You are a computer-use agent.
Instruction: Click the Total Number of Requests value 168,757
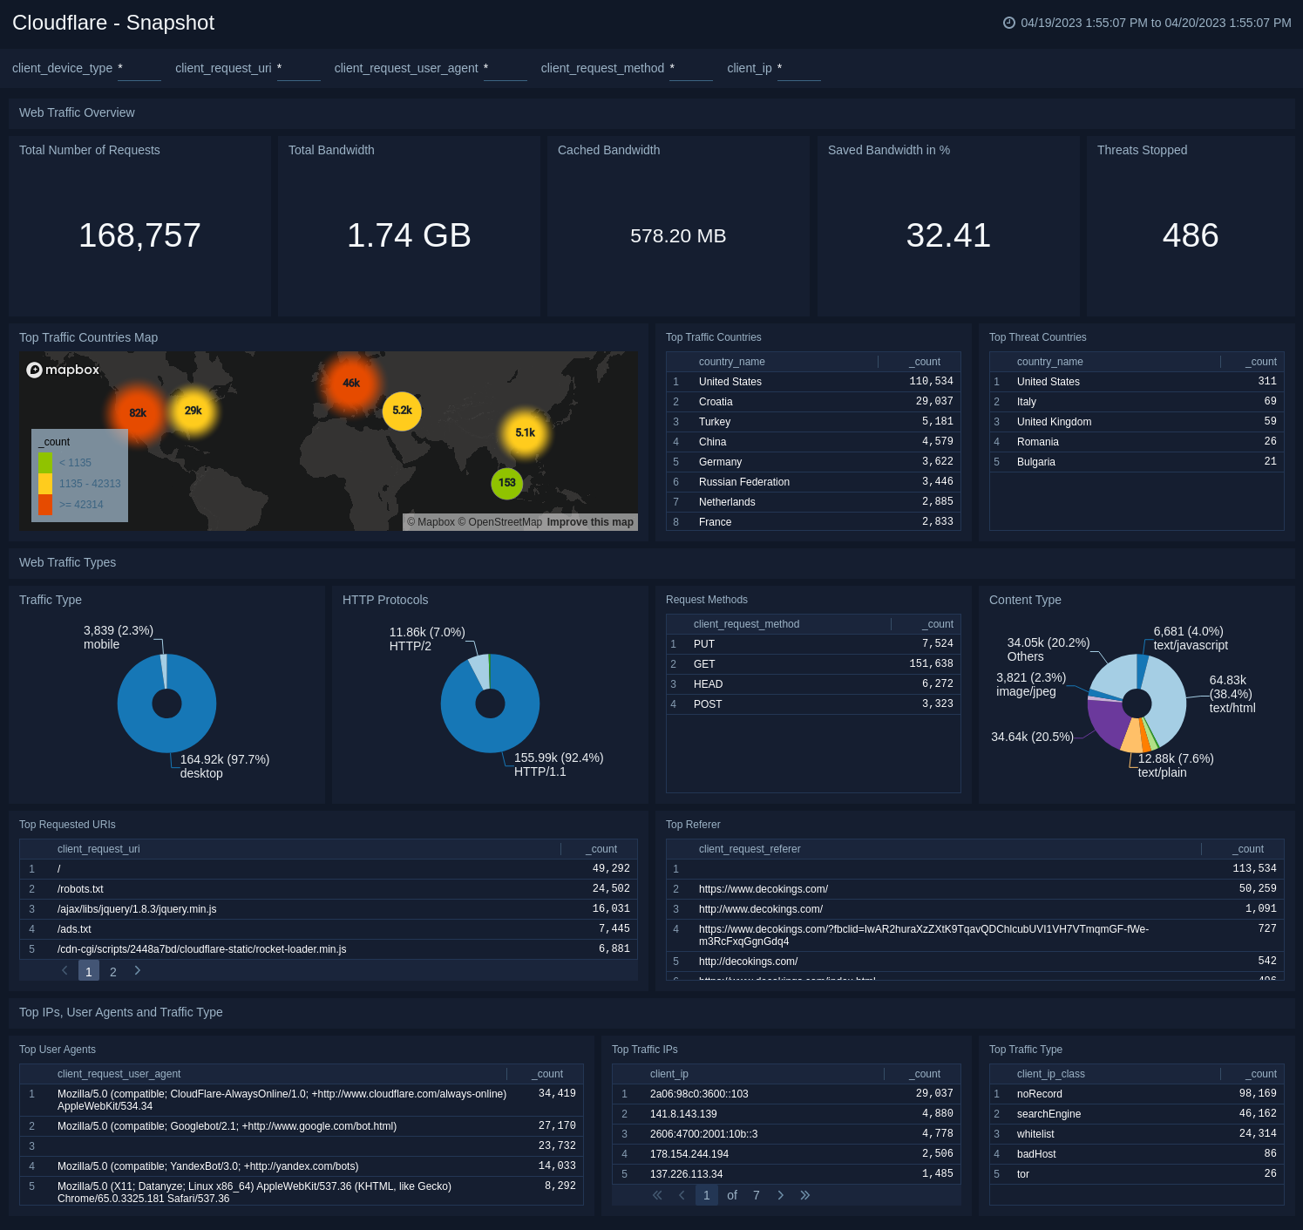click(x=139, y=235)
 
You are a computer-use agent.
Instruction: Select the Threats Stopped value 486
click(x=1190, y=235)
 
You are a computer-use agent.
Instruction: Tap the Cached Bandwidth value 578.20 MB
click(x=678, y=236)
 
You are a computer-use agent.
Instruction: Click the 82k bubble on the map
click(x=138, y=413)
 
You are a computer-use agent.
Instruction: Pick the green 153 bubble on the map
click(x=506, y=483)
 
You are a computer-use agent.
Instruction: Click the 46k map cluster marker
click(x=351, y=384)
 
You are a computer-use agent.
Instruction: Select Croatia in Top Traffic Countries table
click(x=716, y=402)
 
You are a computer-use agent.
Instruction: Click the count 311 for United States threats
click(x=1266, y=382)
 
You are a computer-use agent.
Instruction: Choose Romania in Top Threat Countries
click(x=1037, y=442)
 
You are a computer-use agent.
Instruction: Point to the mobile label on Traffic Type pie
click(x=101, y=645)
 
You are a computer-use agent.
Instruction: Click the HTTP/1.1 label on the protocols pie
click(x=540, y=771)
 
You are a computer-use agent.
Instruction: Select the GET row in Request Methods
click(x=704, y=664)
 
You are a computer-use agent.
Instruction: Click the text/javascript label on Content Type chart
click(x=1190, y=646)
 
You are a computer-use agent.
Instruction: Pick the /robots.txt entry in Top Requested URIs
click(x=80, y=889)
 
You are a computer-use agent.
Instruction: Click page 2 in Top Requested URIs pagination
click(x=113, y=972)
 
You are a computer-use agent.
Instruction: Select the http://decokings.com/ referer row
click(x=748, y=962)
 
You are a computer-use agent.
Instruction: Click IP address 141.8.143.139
click(x=683, y=1114)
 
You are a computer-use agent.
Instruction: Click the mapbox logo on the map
click(x=64, y=370)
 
